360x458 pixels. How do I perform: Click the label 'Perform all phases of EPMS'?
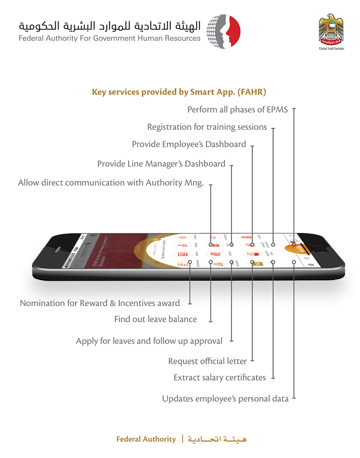[237, 110]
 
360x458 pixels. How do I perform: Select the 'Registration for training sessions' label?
[207, 127]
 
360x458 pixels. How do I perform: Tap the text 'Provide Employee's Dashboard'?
[189, 144]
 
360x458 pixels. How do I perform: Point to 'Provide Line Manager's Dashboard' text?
[161, 164]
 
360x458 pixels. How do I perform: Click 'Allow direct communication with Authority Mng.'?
[111, 183]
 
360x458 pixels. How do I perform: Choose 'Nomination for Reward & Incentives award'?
[100, 303]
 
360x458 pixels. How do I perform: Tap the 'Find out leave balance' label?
[155, 319]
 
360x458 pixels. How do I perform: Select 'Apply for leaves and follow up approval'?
[149, 341]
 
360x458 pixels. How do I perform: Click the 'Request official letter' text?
[208, 361]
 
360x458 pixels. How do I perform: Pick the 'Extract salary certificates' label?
[220, 378]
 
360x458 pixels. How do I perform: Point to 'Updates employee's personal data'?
[225, 399]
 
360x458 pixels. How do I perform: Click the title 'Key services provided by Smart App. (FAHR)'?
[179, 92]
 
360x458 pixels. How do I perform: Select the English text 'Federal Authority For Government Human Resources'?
[109, 38]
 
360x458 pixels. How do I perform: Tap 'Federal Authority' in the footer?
[146, 439]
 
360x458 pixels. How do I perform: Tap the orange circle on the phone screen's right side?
[295, 250]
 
